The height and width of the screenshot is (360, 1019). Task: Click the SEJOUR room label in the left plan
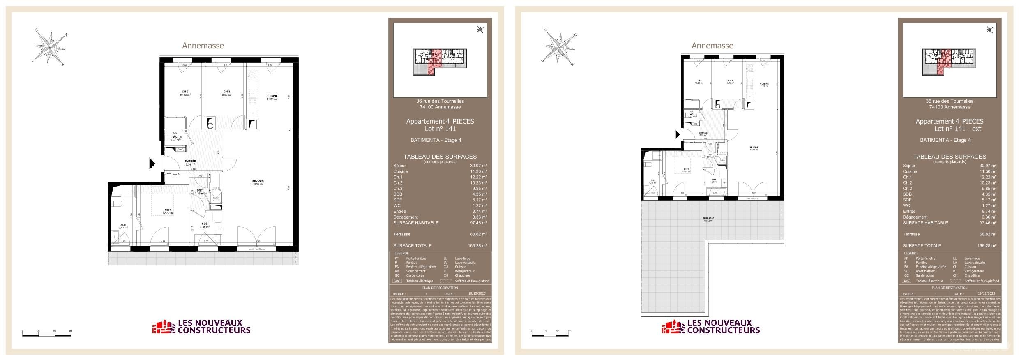coord(258,181)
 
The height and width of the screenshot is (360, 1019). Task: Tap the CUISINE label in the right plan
coord(764,84)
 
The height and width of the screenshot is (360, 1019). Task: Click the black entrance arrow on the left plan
coord(152,164)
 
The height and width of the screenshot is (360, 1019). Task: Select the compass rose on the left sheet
coord(49,48)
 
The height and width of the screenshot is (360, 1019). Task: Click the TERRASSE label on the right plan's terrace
coord(708,219)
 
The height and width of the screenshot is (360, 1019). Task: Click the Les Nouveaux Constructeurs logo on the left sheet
coord(201,327)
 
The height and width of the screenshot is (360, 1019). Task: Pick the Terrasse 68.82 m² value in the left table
coord(479,234)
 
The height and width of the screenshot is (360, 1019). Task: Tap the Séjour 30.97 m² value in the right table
coord(988,166)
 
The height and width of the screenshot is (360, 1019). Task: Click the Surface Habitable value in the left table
coord(479,223)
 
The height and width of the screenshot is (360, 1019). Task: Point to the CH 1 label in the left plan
coord(168,210)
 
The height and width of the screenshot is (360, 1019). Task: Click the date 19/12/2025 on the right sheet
coord(986,294)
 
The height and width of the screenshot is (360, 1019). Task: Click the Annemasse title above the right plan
coord(712,46)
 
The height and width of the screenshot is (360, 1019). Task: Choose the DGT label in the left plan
coord(200,190)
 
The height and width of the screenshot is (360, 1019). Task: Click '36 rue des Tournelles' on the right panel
coord(949,101)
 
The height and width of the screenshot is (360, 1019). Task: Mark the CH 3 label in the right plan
coord(730,81)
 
